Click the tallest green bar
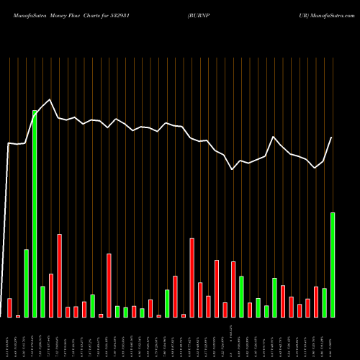tap(35, 213)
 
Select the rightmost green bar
tap(333, 264)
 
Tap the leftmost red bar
tap(10, 307)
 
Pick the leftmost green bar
tap(27, 283)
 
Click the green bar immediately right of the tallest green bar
tap(43, 302)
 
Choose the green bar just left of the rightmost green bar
tap(324, 302)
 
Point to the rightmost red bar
tap(316, 302)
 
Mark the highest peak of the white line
tap(50, 99)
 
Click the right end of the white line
tap(332, 137)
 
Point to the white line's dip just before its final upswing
tap(315, 168)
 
